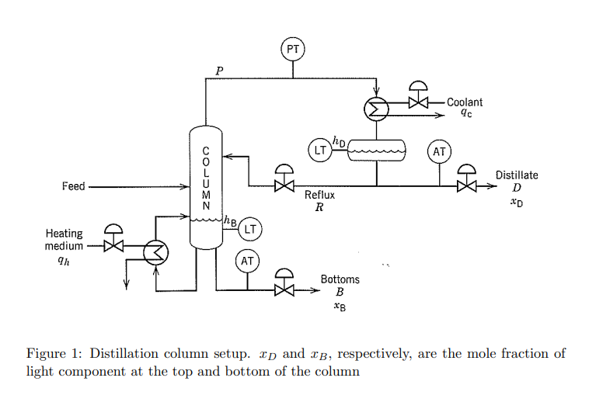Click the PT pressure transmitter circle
point(293,50)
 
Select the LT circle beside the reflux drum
point(319,150)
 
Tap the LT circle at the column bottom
point(250,229)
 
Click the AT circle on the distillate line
point(440,151)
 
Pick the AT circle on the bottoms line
point(248,262)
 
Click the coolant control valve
point(419,101)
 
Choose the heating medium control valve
point(113,244)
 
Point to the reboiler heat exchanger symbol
point(156,251)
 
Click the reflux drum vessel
point(377,150)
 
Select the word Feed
point(74,186)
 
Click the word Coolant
point(465,102)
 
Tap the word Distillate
point(517,175)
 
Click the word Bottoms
point(340,279)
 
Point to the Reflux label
point(319,196)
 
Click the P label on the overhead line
point(219,71)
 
